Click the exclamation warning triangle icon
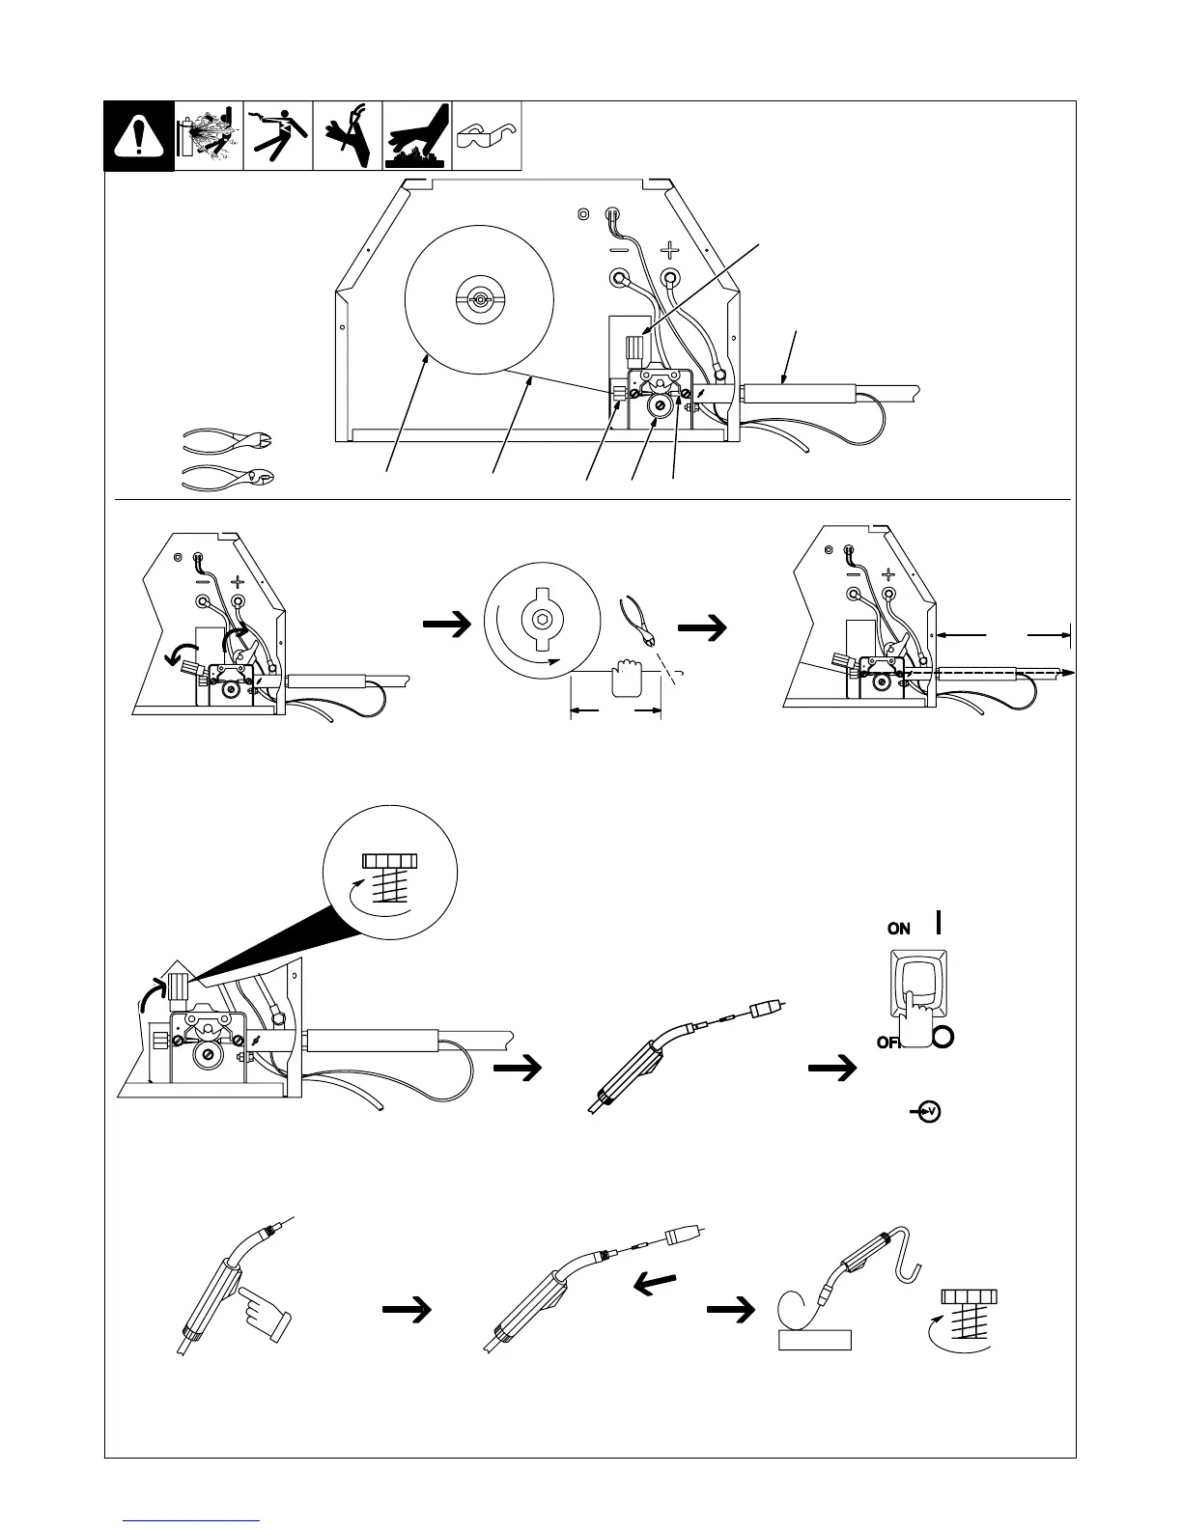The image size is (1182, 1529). (x=139, y=136)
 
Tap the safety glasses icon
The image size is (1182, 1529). (x=487, y=135)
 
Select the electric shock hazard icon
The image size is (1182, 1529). (x=277, y=136)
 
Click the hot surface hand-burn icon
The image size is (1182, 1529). (x=417, y=136)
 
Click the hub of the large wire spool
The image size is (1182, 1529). (x=478, y=300)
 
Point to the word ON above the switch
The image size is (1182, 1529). (x=898, y=929)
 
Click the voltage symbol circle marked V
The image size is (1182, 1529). (x=929, y=1113)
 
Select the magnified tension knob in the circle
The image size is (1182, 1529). (x=389, y=878)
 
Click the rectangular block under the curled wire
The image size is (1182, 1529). (x=814, y=1339)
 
